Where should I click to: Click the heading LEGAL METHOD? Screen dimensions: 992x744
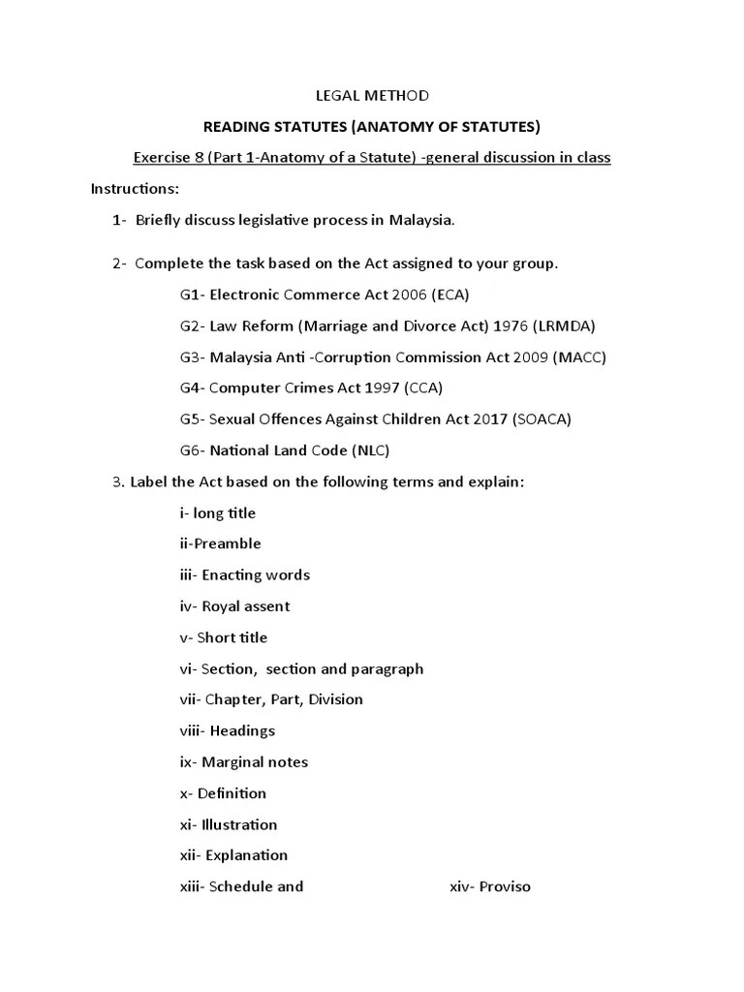click(373, 95)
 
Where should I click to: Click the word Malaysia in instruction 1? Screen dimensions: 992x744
click(421, 220)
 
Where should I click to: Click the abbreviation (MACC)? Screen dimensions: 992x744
click(578, 356)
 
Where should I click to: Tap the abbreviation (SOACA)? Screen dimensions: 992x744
click(542, 419)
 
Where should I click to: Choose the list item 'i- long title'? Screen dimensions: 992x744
click(218, 512)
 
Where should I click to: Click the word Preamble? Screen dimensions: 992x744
click(228, 543)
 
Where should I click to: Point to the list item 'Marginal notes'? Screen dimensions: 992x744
click(252, 762)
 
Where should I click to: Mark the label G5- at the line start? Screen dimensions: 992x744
click(192, 419)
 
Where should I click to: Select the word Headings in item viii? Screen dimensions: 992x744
click(242, 730)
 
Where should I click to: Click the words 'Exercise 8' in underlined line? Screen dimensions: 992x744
click(169, 157)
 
